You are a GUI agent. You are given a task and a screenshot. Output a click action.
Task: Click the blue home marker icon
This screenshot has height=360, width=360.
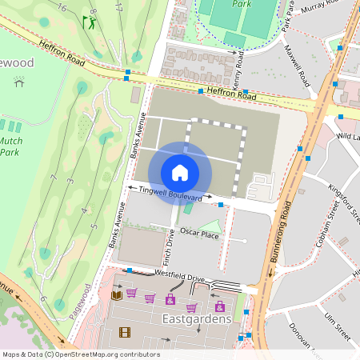(x=180, y=172)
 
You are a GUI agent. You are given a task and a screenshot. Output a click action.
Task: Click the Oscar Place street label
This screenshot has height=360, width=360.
(x=199, y=233)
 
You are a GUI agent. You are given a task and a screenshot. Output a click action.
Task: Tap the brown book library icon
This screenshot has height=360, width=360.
(x=117, y=295)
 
